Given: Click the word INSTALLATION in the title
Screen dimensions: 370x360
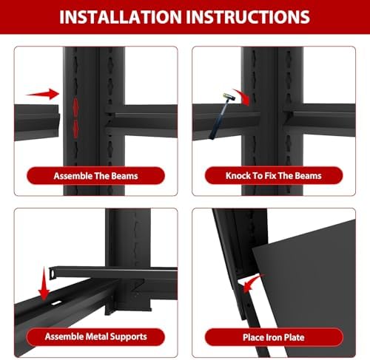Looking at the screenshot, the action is [121, 17].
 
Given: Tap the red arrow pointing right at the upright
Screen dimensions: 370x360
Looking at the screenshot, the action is [43, 94].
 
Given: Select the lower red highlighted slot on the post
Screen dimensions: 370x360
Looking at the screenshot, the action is [75, 129].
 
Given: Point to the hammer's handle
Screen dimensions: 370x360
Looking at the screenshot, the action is [218, 119].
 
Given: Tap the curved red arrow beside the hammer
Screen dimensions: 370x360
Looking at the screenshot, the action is [243, 97].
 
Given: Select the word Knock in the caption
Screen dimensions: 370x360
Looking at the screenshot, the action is [237, 176].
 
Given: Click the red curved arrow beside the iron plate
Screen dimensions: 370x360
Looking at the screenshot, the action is [252, 283].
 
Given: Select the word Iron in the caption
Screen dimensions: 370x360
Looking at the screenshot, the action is [266, 337].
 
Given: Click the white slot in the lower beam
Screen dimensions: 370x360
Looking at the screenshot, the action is [57, 303].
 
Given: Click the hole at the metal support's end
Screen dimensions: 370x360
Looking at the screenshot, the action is [53, 274].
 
